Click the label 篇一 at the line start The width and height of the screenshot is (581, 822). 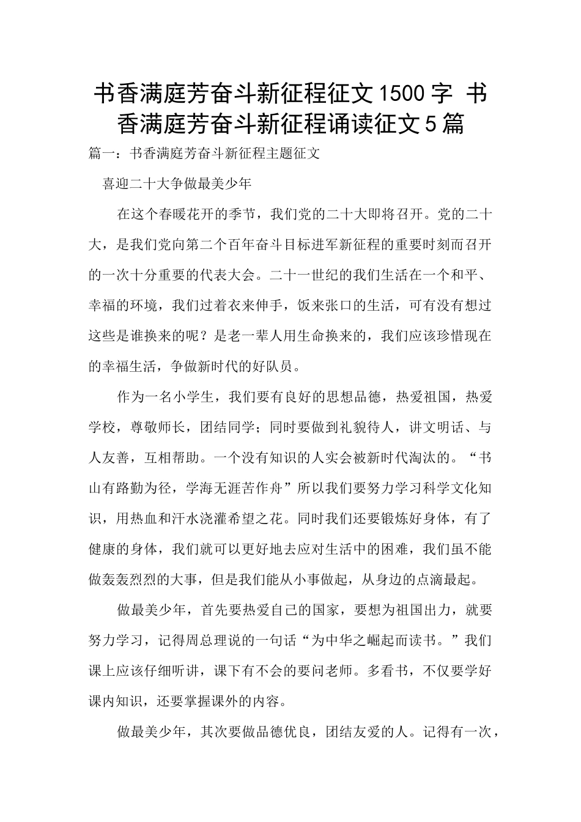(x=102, y=154)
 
